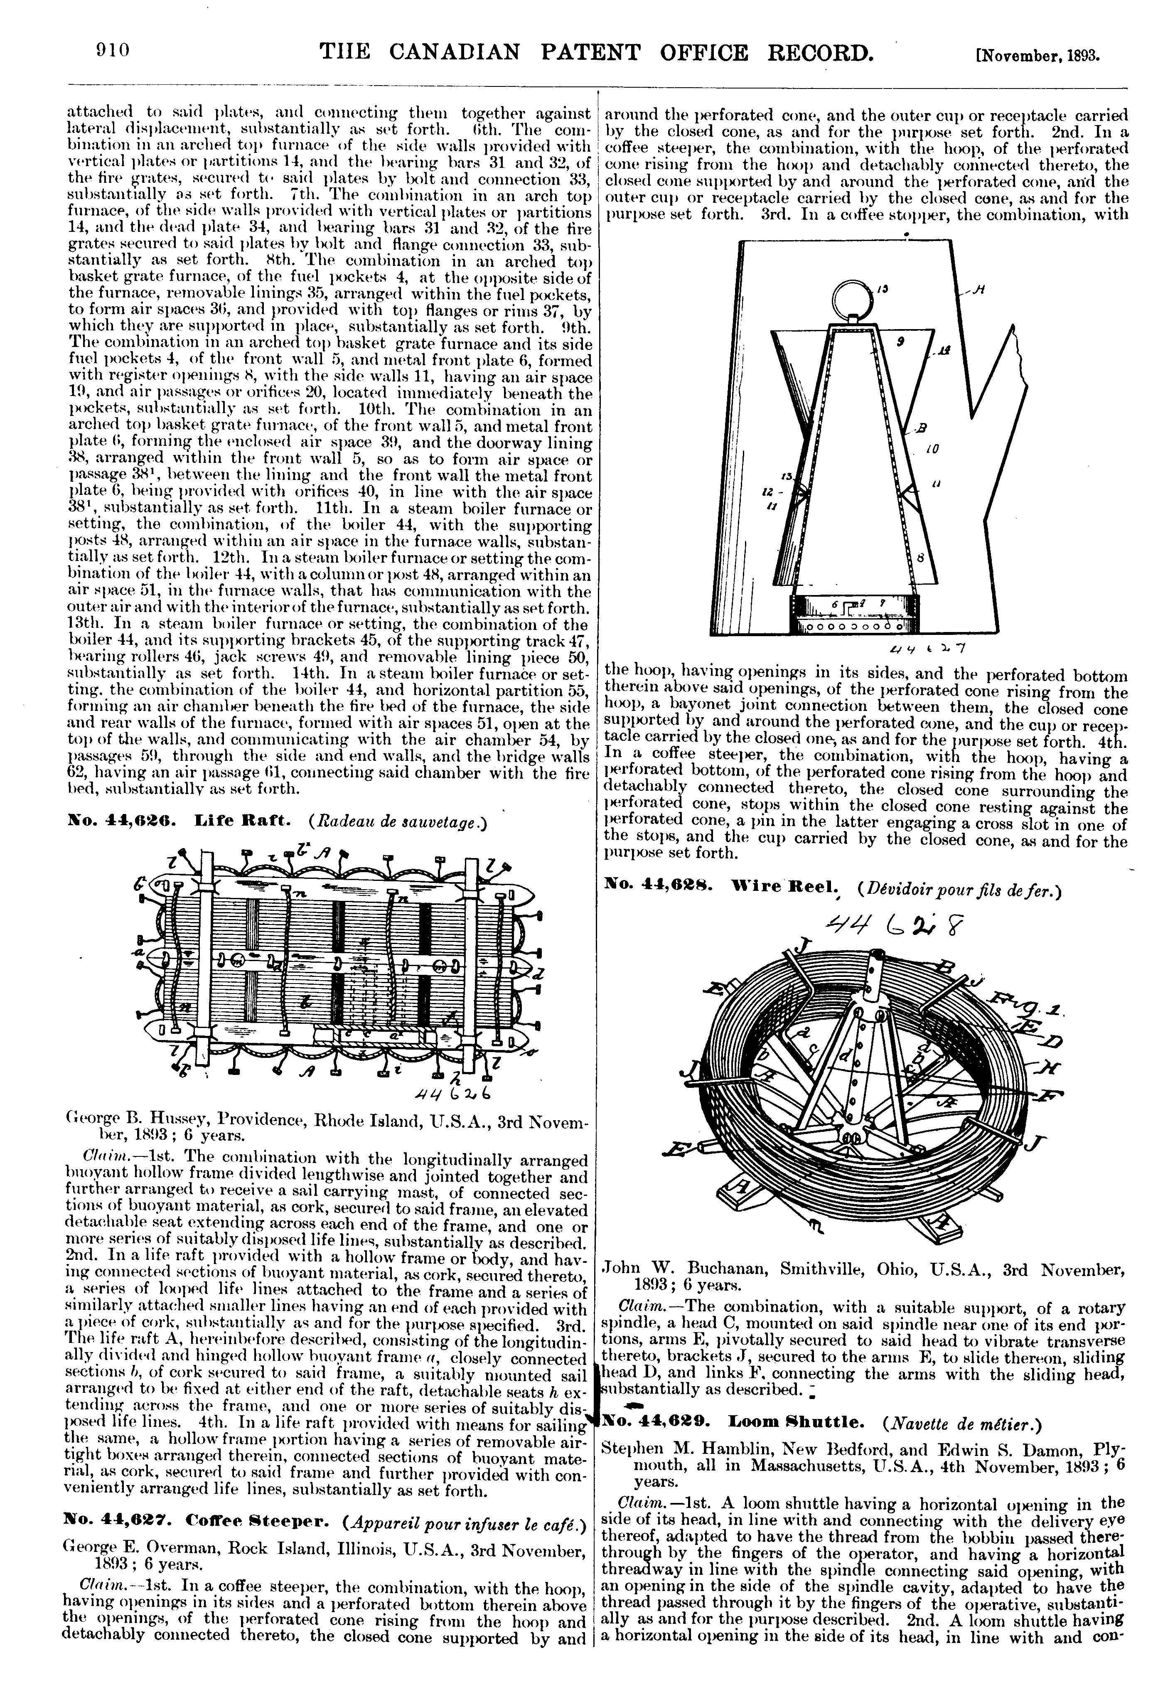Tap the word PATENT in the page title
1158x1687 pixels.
click(587, 52)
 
